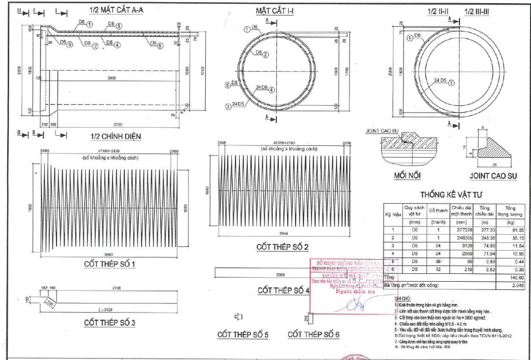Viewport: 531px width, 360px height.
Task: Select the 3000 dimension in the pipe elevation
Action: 112,77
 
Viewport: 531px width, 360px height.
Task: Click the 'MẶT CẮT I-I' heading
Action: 274,11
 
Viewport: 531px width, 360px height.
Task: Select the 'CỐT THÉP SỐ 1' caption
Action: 109,265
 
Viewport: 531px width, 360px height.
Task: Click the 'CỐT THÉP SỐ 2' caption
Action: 283,247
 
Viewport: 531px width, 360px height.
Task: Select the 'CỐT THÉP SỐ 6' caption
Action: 313,335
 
